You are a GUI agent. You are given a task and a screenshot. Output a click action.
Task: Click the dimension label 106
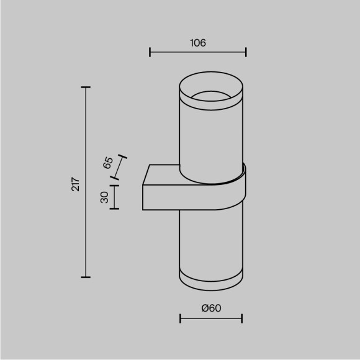(x=197, y=43)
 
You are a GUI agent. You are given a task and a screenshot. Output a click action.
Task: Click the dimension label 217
(x=75, y=184)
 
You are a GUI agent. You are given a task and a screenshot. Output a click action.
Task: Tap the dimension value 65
(x=107, y=164)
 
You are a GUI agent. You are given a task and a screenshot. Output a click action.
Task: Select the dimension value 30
(x=104, y=197)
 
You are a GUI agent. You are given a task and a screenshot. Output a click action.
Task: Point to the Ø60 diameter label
(x=212, y=308)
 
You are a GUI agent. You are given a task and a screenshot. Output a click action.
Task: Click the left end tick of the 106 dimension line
(x=150, y=52)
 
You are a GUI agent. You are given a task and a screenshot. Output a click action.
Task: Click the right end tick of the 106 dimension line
(x=246, y=52)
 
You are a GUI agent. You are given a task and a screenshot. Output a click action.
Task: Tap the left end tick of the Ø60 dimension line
(x=180, y=319)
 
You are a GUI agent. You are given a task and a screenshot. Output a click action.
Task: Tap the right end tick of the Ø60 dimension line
(x=242, y=319)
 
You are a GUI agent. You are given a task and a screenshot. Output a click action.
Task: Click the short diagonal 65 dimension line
(x=120, y=168)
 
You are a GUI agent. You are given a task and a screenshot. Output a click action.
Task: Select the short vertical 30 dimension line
(x=114, y=197)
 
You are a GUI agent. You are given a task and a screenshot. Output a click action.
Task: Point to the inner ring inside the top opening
(x=211, y=96)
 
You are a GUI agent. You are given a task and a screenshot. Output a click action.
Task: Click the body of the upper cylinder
(x=211, y=140)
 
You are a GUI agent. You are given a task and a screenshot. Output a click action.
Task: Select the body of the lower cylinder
(x=211, y=242)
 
